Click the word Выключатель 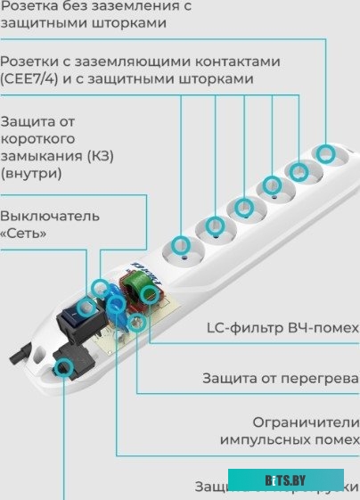tap(50, 216)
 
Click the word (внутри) tap(31, 173)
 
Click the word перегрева tap(322, 378)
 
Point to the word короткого tap(38, 139)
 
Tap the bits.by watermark tap(286, 480)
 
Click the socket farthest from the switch tap(326, 153)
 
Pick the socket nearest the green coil tap(182, 246)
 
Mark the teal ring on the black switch tap(85, 307)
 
